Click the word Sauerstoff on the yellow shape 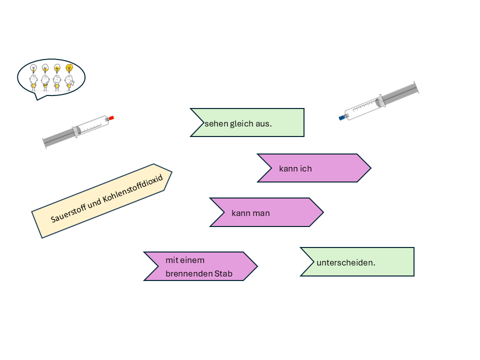(70, 211)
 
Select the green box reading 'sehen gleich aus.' (247, 122)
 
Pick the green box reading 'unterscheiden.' (357, 261)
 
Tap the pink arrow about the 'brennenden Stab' (200, 266)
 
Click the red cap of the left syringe (111, 118)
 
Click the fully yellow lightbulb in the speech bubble (69, 67)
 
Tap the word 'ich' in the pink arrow (306, 168)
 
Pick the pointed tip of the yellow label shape (171, 173)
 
